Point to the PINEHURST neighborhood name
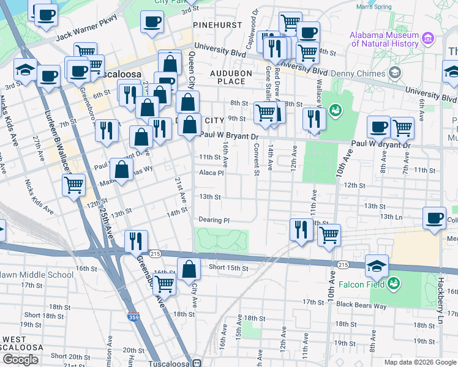point(214,25)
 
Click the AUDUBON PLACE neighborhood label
point(227,77)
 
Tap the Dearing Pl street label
point(214,220)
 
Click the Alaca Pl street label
point(212,173)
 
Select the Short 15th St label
point(228,268)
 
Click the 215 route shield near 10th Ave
point(342,264)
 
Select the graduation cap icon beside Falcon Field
point(377,265)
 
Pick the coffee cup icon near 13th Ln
point(435,218)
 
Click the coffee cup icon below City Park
point(152,22)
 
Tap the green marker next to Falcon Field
point(396,283)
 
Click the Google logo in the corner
point(20,360)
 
